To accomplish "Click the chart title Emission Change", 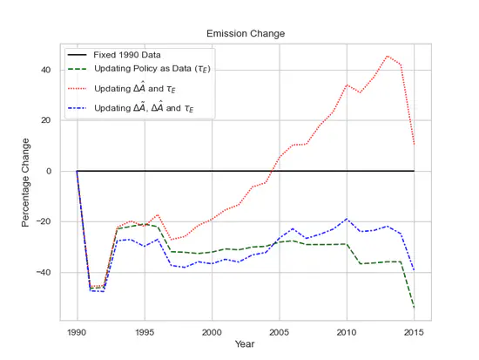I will (x=245, y=34).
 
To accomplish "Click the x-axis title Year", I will (x=245, y=344).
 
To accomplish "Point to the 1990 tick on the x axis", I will (x=77, y=331).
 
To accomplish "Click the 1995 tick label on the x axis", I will (x=145, y=331).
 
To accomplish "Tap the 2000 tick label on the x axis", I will (x=212, y=331).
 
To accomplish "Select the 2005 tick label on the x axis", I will (x=279, y=331).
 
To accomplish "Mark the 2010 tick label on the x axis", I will (x=347, y=331).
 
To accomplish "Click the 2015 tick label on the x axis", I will (x=414, y=331).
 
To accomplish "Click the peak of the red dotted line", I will (x=387, y=56).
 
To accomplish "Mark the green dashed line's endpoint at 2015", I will (x=414, y=308).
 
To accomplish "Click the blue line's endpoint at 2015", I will (x=414, y=270).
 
